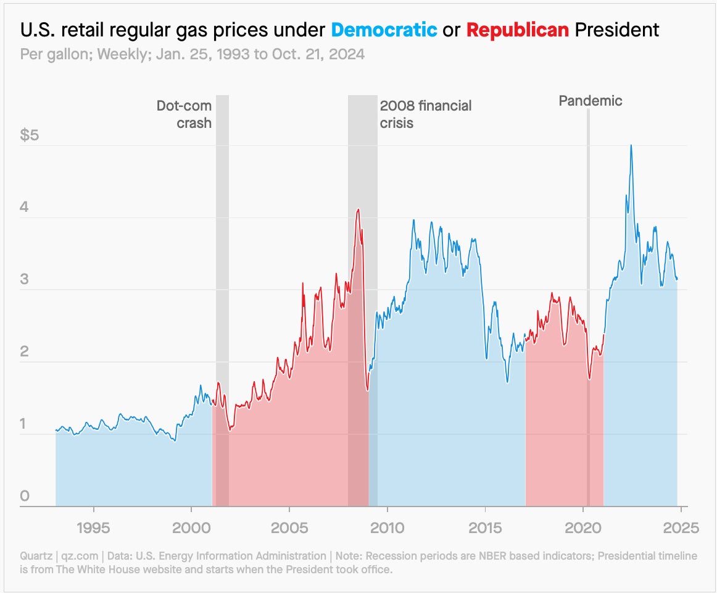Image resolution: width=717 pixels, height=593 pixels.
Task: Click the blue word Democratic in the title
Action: pyautogui.click(x=384, y=30)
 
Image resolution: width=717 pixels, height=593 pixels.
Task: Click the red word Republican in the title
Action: pyautogui.click(x=517, y=30)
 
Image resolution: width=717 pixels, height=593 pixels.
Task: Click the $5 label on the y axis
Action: pyautogui.click(x=30, y=135)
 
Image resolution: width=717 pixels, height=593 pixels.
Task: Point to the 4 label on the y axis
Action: pyautogui.click(x=25, y=207)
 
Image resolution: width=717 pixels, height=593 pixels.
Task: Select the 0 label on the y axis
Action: pyautogui.click(x=25, y=496)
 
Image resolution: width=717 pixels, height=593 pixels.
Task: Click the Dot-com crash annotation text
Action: pyautogui.click(x=184, y=114)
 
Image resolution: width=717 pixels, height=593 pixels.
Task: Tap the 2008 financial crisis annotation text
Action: pyautogui.click(x=425, y=114)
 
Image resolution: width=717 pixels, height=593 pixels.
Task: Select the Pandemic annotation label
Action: pyautogui.click(x=591, y=101)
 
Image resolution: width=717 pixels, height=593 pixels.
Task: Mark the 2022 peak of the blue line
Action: pyautogui.click(x=631, y=145)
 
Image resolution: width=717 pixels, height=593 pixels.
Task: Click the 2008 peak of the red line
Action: pyautogui.click(x=358, y=209)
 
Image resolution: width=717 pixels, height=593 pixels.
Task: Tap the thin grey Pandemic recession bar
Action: pyautogui.click(x=588, y=309)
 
